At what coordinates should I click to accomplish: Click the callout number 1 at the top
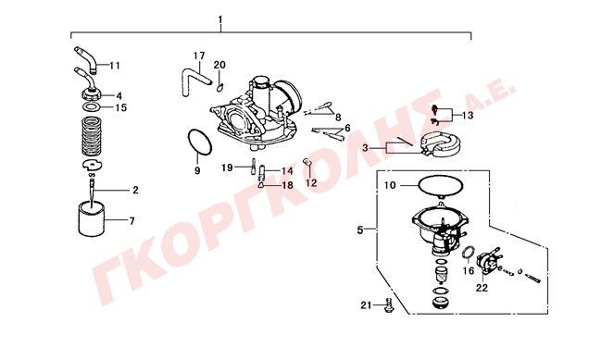(220, 19)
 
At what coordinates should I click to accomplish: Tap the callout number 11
(115, 66)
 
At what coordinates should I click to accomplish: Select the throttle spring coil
(93, 136)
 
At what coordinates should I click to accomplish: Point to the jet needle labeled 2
(92, 190)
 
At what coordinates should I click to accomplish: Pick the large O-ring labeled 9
(199, 143)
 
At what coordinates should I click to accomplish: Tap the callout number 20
(219, 65)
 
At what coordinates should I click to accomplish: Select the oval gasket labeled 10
(441, 186)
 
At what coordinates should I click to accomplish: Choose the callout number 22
(482, 288)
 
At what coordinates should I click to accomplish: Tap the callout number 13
(468, 116)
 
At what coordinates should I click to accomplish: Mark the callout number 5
(360, 230)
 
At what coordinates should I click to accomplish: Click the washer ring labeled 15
(92, 106)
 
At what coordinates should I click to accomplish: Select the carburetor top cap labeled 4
(92, 93)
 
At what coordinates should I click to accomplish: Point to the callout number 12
(312, 183)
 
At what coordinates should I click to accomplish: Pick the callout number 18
(287, 185)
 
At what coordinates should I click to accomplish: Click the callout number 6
(347, 128)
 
